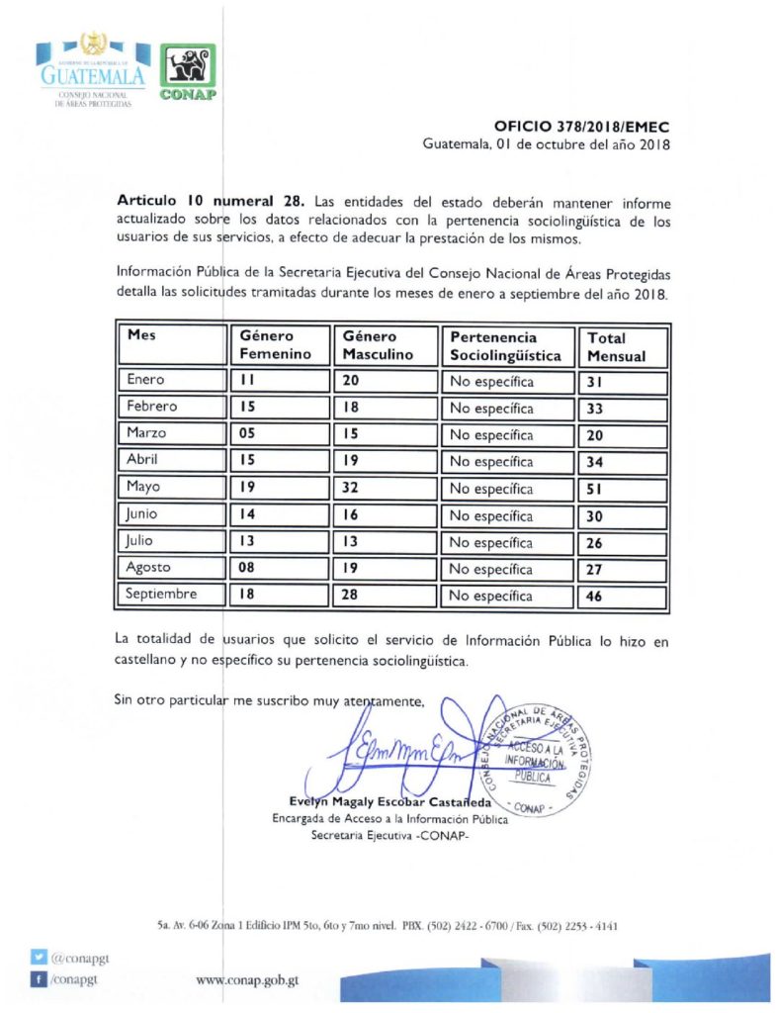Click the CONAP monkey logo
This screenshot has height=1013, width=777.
click(187, 72)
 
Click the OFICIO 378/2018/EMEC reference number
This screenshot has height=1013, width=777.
click(581, 127)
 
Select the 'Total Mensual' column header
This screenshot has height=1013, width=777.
click(623, 346)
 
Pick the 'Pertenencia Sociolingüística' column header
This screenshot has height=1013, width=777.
click(506, 346)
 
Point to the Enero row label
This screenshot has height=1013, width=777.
click(146, 380)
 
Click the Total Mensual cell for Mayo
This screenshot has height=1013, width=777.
click(623, 489)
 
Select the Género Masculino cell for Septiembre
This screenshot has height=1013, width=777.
click(385, 597)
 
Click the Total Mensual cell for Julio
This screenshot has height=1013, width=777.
click(623, 542)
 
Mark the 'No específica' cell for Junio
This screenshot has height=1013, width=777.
click(506, 515)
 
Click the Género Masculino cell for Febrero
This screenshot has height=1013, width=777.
click(385, 408)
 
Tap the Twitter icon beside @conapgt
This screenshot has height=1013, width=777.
click(39, 958)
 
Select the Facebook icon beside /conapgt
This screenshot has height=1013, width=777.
click(39, 979)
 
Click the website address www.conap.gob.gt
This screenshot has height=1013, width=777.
click(248, 980)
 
